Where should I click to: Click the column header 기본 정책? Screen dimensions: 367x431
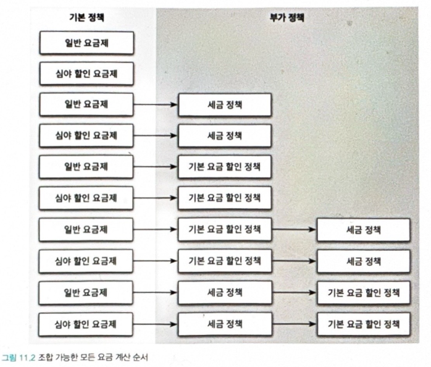coord(85,18)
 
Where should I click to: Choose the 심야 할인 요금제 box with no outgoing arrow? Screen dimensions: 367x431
coord(86,74)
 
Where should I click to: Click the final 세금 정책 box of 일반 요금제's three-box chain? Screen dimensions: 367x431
coord(364,230)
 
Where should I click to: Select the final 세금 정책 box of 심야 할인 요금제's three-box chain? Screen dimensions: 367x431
coord(364,261)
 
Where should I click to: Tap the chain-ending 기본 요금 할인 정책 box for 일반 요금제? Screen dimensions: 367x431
coord(364,292)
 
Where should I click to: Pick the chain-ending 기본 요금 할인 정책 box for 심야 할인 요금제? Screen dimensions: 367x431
coord(364,323)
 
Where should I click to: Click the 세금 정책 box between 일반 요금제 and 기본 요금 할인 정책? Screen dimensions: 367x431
coord(225,292)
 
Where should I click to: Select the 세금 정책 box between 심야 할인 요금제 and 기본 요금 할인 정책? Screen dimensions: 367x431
coord(225,323)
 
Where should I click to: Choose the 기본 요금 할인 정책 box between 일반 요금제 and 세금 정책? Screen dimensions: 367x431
coord(225,230)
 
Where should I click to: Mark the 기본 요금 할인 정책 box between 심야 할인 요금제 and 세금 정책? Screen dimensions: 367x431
coord(225,261)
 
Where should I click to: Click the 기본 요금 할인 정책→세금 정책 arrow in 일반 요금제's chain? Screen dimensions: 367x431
coord(294,230)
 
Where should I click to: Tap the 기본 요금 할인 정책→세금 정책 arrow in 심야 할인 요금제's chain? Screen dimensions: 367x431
coord(294,261)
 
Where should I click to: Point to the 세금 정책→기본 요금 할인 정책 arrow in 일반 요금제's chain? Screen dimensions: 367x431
coord(294,292)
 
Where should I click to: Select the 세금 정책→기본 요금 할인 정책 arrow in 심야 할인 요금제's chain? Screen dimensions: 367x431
coord(294,323)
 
